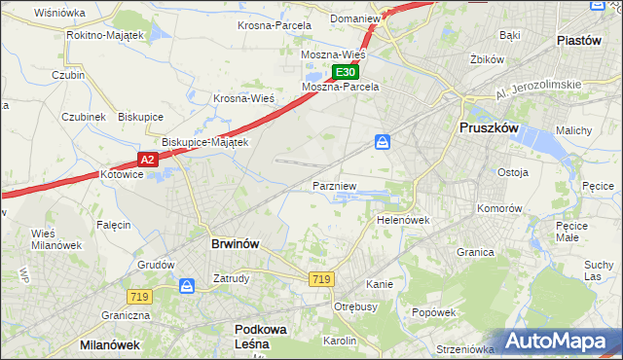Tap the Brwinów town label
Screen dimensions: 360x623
(x=235, y=244)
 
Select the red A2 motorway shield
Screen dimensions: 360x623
(x=145, y=159)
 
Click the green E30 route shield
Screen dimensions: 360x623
(x=346, y=72)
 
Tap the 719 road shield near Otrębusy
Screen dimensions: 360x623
(x=321, y=279)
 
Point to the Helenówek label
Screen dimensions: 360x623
(x=403, y=220)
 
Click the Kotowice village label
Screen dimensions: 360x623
(x=122, y=175)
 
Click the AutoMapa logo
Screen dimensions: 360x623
(x=556, y=341)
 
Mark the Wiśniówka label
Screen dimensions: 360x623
(x=59, y=13)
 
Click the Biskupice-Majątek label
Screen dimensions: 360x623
(x=205, y=141)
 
